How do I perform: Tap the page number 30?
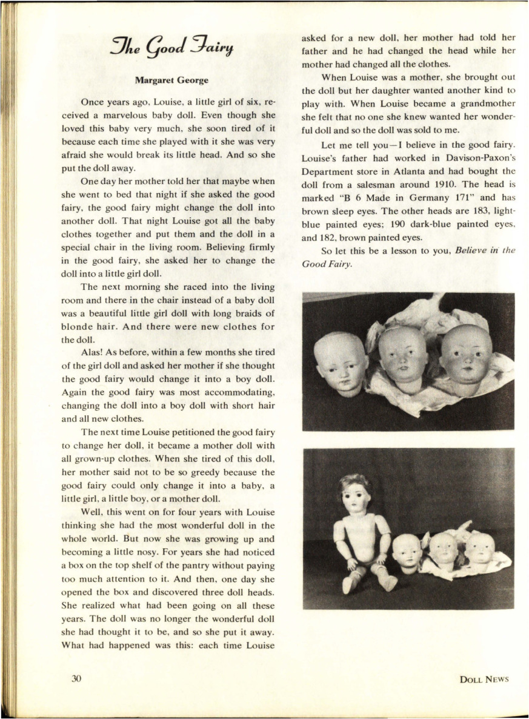[x=77, y=678]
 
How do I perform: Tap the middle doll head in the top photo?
[x=403, y=356]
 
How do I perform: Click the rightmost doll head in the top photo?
[x=465, y=360]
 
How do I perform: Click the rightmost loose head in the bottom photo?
[x=480, y=548]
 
